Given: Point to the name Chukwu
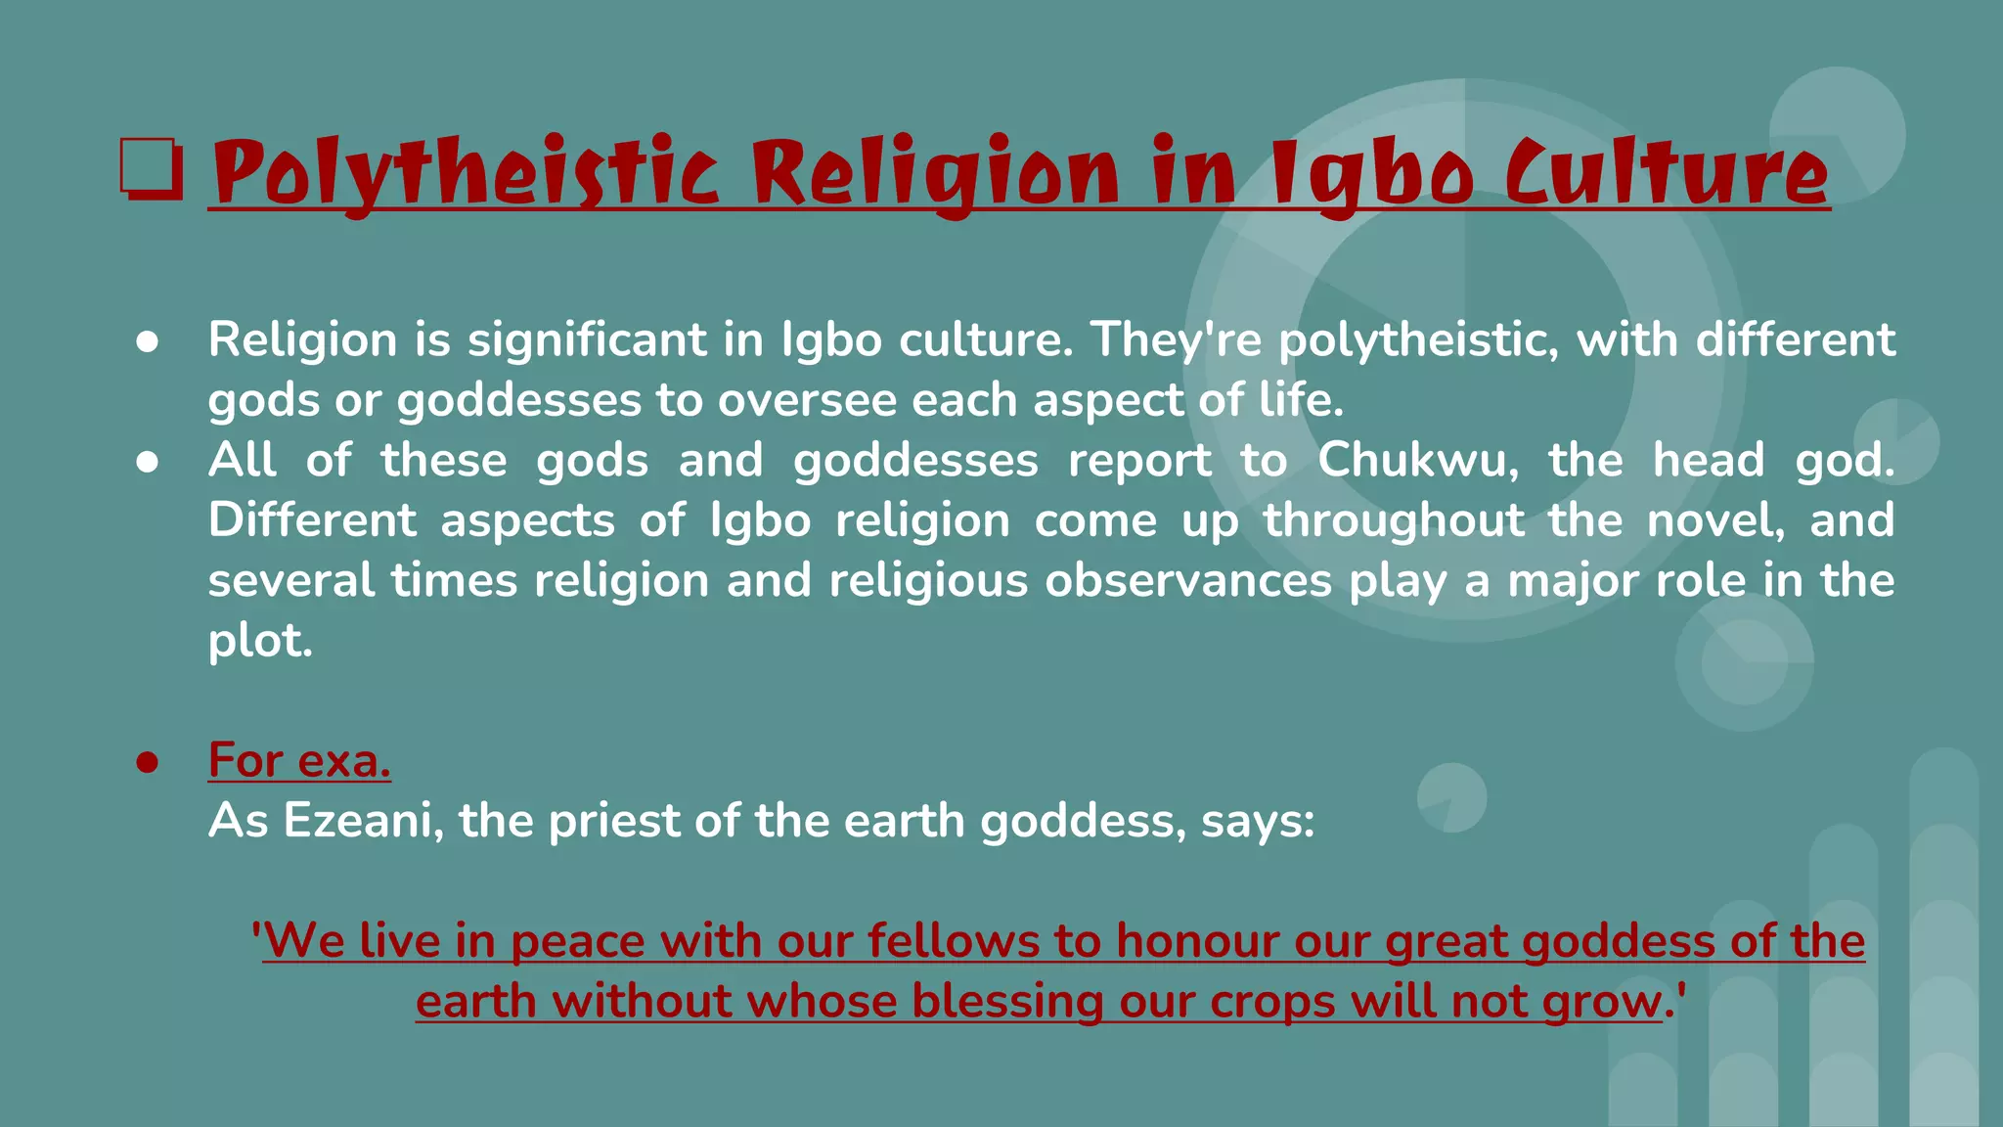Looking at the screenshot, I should click(x=1417, y=460).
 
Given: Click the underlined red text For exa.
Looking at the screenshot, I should click(x=299, y=760).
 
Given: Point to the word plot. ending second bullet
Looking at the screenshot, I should click(x=260, y=641).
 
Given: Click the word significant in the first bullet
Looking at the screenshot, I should click(x=586, y=339).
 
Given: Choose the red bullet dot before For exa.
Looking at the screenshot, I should click(x=148, y=762).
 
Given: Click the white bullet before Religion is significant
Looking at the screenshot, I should click(x=148, y=341).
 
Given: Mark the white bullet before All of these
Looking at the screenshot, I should click(x=148, y=462).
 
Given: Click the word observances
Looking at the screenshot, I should click(x=1188, y=580).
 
